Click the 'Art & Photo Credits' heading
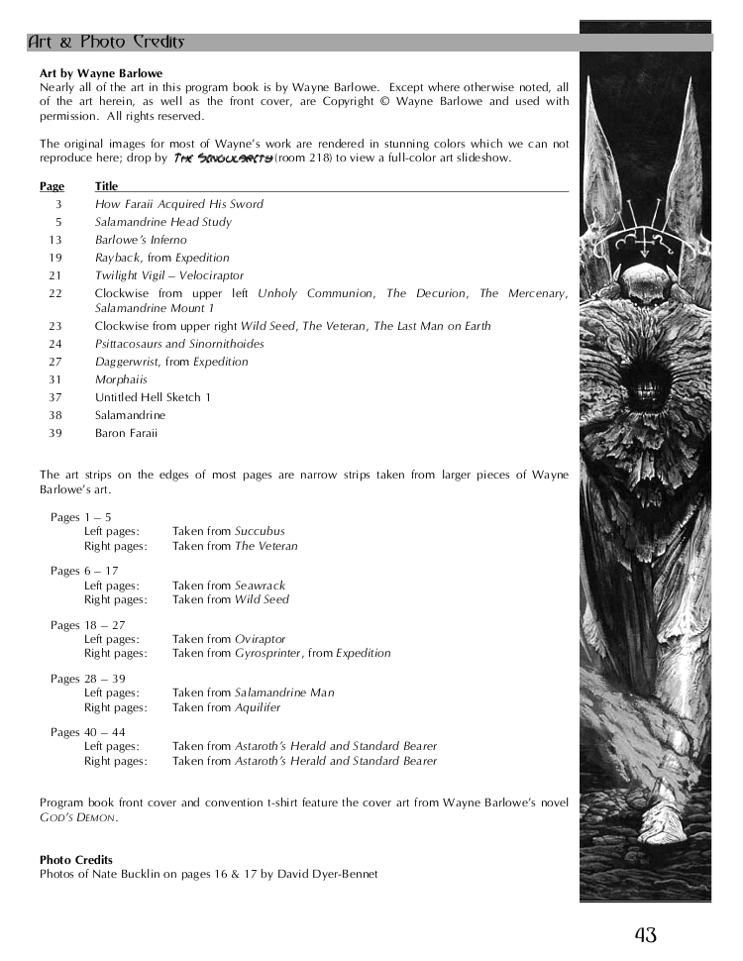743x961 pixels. pos(105,42)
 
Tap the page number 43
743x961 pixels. pos(646,933)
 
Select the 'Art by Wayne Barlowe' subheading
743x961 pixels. pos(101,73)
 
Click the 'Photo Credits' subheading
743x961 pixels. pos(76,860)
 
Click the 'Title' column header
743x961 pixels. pos(106,186)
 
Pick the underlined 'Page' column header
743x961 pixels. pos(52,186)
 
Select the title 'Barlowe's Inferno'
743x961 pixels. pos(141,240)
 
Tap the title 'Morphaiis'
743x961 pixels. pos(121,379)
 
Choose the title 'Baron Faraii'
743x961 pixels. pos(126,433)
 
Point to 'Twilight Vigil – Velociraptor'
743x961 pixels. pos(169,275)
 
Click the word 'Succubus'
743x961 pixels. pos(260,532)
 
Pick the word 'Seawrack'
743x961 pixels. pos(261,586)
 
